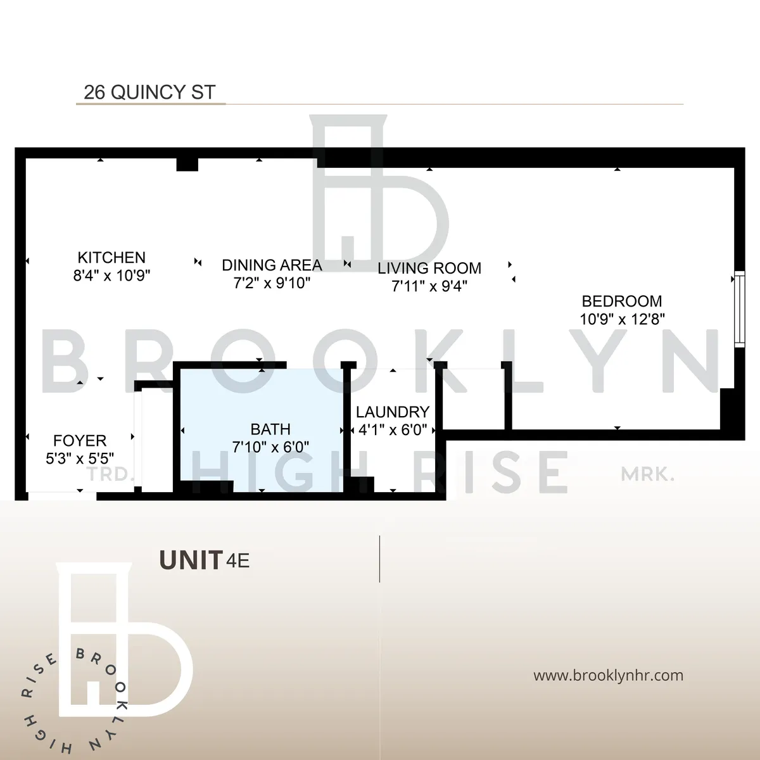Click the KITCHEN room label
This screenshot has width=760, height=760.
[x=111, y=258]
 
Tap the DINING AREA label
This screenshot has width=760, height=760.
[x=272, y=265]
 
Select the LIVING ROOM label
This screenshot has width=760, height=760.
[x=429, y=269]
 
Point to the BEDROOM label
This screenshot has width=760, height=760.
[x=622, y=301]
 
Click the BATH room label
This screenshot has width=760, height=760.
[x=270, y=429]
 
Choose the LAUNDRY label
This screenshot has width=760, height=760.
[x=393, y=412]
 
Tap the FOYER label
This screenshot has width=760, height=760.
[x=80, y=441]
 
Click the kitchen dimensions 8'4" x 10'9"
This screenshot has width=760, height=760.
[x=111, y=275]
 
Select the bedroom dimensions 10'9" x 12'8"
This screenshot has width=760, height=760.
[x=622, y=319]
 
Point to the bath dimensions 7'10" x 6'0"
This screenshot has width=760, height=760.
[x=270, y=447]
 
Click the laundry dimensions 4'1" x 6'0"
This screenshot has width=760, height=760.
[x=393, y=430]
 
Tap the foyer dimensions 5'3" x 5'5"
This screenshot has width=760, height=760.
[x=80, y=459]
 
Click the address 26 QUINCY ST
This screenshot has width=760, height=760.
[x=149, y=92]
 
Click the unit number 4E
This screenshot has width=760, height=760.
[x=239, y=561]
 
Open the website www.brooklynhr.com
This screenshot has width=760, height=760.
[x=608, y=675]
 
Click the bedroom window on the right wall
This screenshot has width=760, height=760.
[x=738, y=308]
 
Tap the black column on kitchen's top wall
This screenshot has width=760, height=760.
[x=187, y=164]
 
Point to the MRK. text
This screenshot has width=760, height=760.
[x=647, y=474]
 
